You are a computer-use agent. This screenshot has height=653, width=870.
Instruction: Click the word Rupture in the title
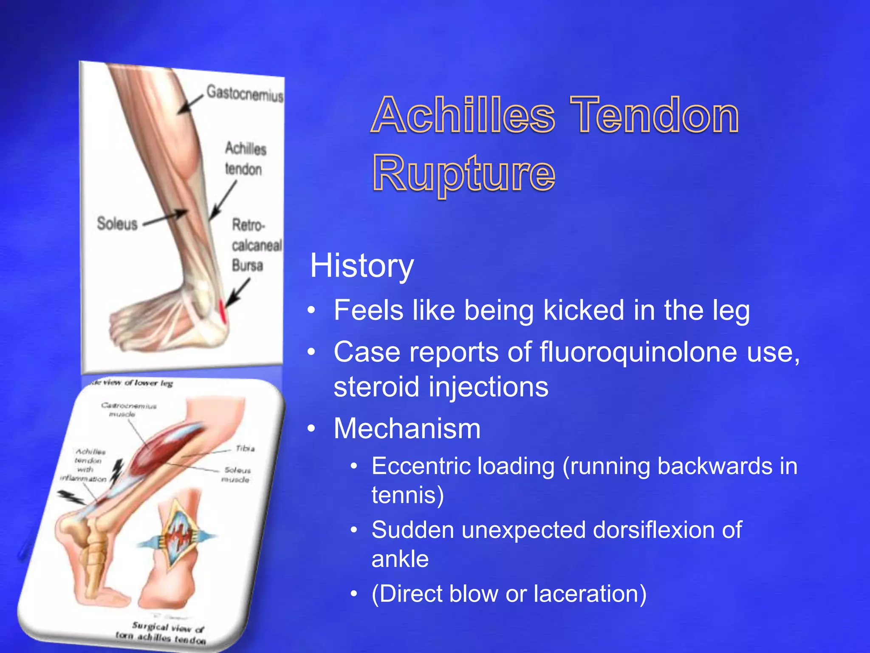click(x=464, y=173)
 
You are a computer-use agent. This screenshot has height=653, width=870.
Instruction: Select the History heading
click(x=362, y=266)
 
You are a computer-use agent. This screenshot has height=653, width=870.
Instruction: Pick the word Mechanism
click(x=407, y=428)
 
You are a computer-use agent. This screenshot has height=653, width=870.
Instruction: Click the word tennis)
click(x=407, y=495)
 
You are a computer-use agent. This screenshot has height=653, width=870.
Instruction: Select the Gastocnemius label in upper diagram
click(x=245, y=93)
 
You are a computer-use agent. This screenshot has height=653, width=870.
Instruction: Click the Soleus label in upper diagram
click(x=117, y=224)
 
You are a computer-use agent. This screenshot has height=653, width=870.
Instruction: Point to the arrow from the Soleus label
click(x=166, y=218)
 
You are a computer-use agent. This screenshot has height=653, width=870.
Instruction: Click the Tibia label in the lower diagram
click(x=245, y=449)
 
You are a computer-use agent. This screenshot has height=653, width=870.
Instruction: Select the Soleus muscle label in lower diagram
click(x=237, y=475)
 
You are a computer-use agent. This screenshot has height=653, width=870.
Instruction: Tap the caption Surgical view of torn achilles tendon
click(x=164, y=632)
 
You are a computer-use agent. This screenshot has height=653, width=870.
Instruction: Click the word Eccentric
click(x=420, y=466)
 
